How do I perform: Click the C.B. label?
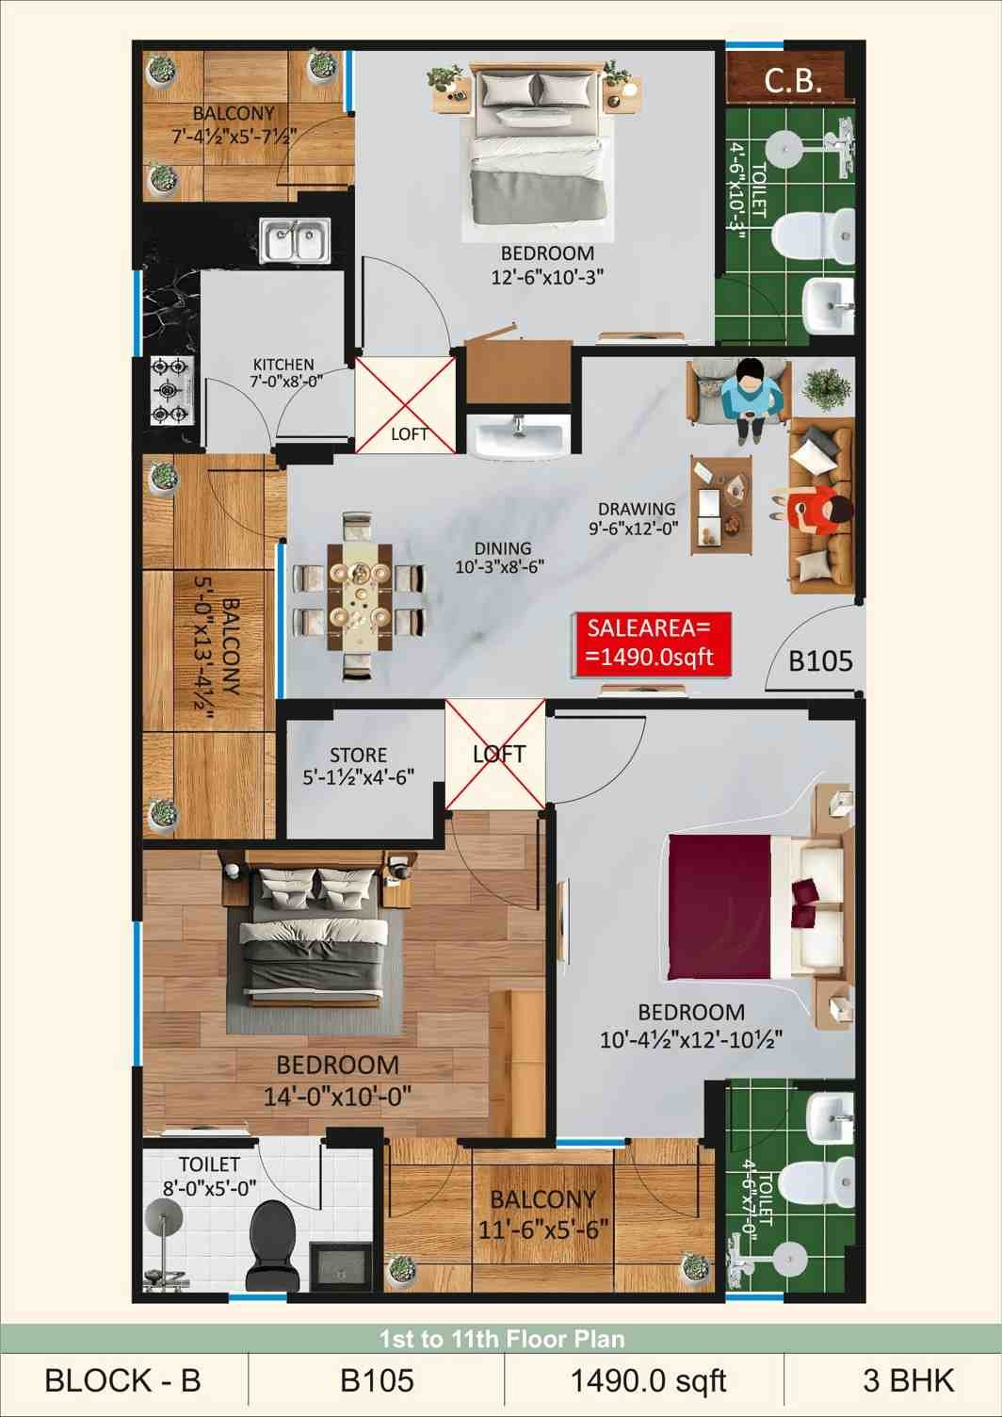tap(793, 80)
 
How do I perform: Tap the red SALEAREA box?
tap(652, 644)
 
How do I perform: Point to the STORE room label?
tap(359, 765)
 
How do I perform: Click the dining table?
tap(359, 596)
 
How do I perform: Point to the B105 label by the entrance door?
tap(820, 661)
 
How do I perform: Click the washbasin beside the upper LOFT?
tap(518, 437)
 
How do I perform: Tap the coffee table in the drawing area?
tap(721, 505)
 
